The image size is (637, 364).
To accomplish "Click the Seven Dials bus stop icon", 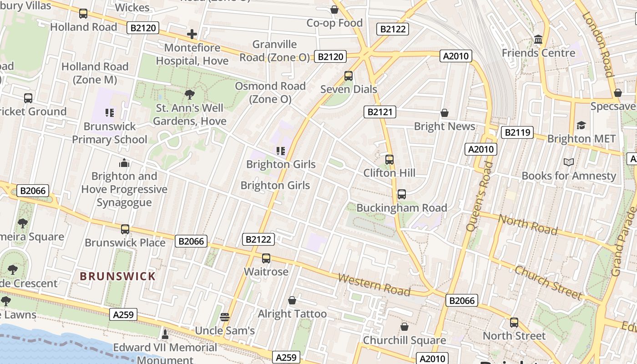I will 349,76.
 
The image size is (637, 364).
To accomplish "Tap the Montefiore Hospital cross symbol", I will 192,34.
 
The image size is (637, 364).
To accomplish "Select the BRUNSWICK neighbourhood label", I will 118,276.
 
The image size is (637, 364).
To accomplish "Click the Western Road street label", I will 374,284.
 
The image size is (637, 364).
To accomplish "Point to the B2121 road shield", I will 380,112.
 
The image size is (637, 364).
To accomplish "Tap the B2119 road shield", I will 517,132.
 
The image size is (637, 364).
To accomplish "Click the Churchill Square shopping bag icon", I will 404,327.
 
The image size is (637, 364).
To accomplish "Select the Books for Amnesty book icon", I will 568,162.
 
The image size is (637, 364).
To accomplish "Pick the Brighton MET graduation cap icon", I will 581,125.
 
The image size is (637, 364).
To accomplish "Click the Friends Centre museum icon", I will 538,40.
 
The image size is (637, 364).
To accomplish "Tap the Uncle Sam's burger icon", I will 225,317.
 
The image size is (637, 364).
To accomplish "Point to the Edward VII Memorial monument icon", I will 165,334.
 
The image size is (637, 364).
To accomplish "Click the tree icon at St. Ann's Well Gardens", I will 190,95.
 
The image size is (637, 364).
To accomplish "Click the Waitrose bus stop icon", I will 266,258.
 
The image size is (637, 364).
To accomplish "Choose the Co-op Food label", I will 334,23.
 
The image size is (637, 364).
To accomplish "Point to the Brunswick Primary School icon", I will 109,112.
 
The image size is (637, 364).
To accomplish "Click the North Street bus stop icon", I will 514,323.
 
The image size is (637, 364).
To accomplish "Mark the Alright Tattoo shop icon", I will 292,300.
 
